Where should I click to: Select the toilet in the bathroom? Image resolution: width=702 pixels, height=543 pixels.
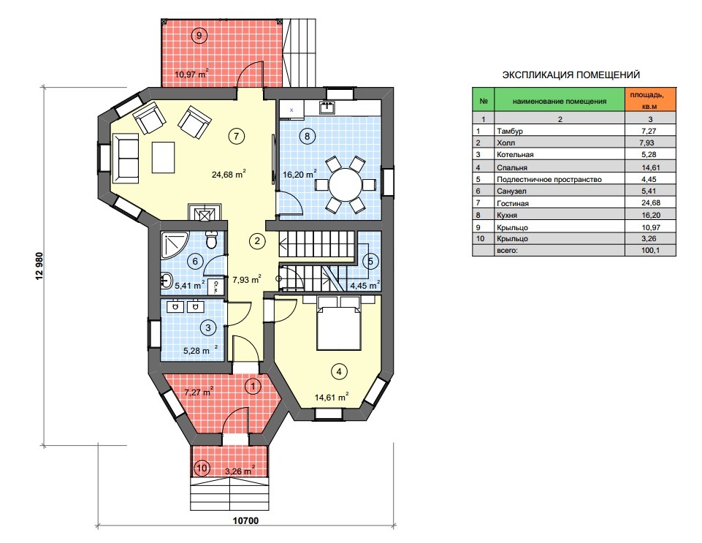click(x=211, y=240)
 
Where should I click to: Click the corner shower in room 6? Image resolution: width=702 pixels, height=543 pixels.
click(x=175, y=246)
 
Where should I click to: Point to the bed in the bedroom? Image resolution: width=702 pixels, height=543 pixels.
click(x=339, y=322)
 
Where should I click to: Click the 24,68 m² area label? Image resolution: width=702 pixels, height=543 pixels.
click(x=229, y=174)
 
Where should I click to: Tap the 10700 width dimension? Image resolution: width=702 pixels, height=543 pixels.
click(x=245, y=520)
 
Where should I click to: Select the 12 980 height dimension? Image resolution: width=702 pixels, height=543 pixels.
click(x=39, y=266)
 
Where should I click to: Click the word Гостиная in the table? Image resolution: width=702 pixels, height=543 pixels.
click(x=513, y=203)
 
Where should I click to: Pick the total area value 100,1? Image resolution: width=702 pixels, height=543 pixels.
click(x=650, y=251)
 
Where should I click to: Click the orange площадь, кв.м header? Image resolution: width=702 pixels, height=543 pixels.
click(x=650, y=99)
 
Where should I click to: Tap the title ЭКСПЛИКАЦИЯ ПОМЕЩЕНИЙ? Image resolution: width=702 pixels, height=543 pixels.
click(x=571, y=75)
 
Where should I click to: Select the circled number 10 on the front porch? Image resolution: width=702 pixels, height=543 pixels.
click(x=202, y=468)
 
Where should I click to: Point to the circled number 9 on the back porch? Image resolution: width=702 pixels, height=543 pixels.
click(x=199, y=35)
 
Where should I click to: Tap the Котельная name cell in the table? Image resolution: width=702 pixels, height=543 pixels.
click(x=515, y=154)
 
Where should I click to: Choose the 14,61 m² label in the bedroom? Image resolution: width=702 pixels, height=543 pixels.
click(x=332, y=397)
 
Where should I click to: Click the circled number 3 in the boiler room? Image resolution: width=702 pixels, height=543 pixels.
click(x=207, y=327)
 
